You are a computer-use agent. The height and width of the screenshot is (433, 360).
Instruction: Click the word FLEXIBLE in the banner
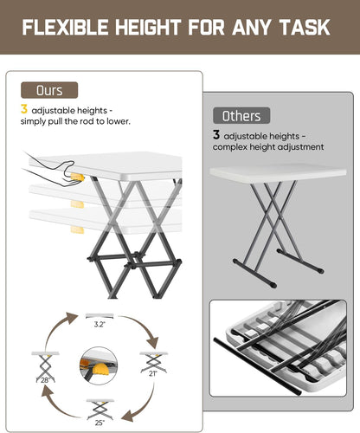pos(65,28)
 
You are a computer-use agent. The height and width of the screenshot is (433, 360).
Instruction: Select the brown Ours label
pos(49,90)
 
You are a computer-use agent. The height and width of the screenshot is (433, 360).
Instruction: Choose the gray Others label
pos(241,116)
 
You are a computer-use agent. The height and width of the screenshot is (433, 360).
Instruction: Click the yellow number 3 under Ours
pos(24,109)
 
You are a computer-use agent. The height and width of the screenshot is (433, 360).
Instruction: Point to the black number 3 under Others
pos(216,134)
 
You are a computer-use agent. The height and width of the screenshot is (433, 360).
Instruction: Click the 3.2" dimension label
pos(100,325)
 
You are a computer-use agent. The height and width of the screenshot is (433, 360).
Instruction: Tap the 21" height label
pos(153,373)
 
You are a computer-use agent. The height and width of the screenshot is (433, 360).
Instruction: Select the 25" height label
pos(100,423)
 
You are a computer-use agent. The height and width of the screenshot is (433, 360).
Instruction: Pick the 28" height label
pos(45,380)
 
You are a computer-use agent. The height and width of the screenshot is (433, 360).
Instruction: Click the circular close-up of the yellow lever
pos(99,365)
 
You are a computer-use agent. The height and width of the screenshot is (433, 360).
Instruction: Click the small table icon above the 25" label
pos(100,410)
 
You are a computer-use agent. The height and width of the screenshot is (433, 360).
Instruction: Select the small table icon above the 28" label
pos(45,366)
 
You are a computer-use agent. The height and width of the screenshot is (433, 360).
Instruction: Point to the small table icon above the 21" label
pos(154,362)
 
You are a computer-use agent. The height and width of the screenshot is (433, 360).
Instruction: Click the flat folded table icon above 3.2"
pos(100,316)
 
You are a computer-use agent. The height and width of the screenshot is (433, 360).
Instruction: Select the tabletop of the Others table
pos(278,172)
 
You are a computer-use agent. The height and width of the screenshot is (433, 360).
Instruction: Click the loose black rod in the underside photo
pos(257,366)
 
